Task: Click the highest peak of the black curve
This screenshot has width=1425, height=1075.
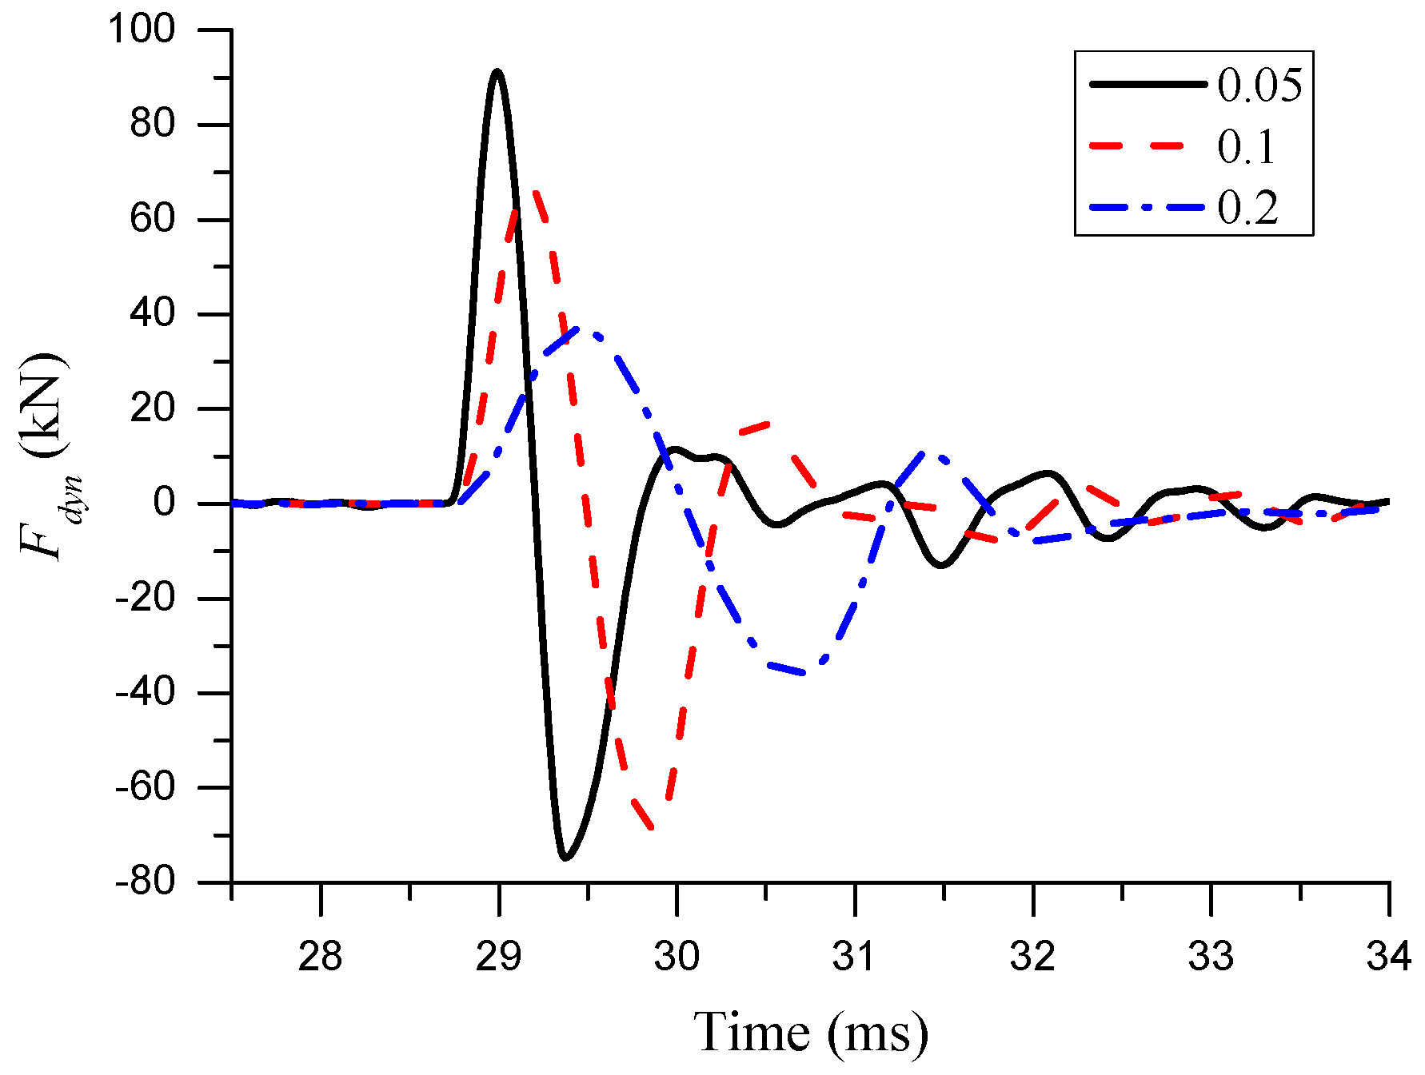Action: tap(497, 72)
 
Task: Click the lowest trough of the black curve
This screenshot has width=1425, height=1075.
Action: tap(565, 858)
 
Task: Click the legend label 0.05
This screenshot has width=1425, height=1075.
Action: tap(1259, 85)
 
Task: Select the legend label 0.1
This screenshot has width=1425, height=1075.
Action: tap(1246, 147)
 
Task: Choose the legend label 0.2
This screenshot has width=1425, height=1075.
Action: tap(1247, 209)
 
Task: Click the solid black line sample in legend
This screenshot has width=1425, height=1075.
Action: tap(1147, 84)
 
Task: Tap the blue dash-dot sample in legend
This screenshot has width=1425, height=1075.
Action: tap(1147, 208)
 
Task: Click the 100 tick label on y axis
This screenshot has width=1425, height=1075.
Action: tap(142, 30)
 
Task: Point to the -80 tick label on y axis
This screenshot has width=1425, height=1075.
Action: tap(145, 882)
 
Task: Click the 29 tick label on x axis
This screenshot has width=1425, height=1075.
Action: tap(498, 956)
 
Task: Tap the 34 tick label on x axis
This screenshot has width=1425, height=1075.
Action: tap(1388, 956)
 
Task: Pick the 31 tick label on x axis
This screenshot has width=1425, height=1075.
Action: tap(854, 956)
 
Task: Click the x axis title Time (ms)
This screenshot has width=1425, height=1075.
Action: tap(810, 1032)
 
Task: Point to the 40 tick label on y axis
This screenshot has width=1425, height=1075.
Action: tap(152, 314)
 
